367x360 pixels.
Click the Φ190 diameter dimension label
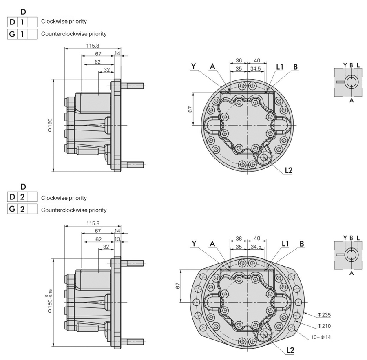[50, 126]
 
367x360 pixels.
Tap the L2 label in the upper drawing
[288, 170]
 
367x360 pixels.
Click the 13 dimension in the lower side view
[117, 239]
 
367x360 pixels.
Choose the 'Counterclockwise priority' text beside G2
[74, 210]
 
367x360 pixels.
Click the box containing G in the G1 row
[12, 34]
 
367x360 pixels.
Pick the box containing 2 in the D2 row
[22, 197]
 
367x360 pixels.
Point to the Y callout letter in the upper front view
[194, 66]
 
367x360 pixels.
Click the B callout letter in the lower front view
[302, 243]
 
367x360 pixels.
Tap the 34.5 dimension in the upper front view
[256, 68]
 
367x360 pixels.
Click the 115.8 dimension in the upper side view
[93, 45]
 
